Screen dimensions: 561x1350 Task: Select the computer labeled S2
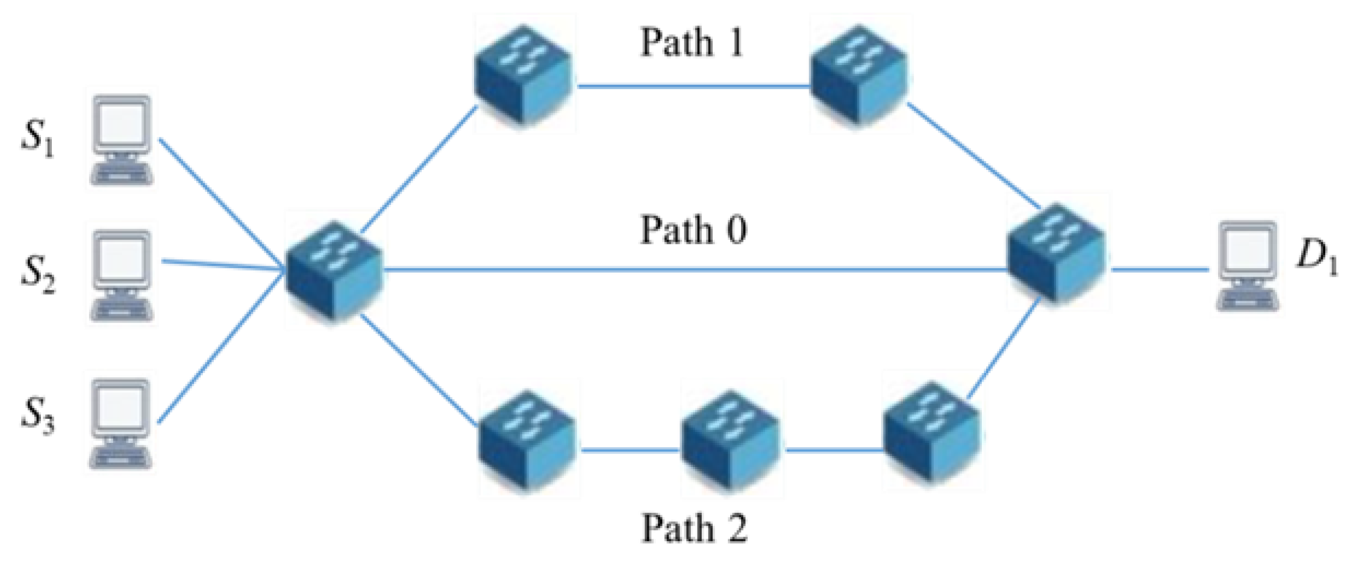[122, 275]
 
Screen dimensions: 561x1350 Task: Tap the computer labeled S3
[120, 423]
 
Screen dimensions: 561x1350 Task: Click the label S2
[37, 274]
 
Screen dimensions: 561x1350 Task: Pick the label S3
[37, 416]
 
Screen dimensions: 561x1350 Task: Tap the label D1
[1317, 257]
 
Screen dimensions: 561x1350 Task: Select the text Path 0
[693, 230]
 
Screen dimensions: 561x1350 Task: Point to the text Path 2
[694, 528]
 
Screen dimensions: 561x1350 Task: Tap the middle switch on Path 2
[731, 440]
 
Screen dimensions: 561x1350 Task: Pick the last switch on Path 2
[931, 433]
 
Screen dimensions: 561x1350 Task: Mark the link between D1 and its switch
[1160, 270]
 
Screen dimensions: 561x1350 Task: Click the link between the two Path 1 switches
[693, 86]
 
